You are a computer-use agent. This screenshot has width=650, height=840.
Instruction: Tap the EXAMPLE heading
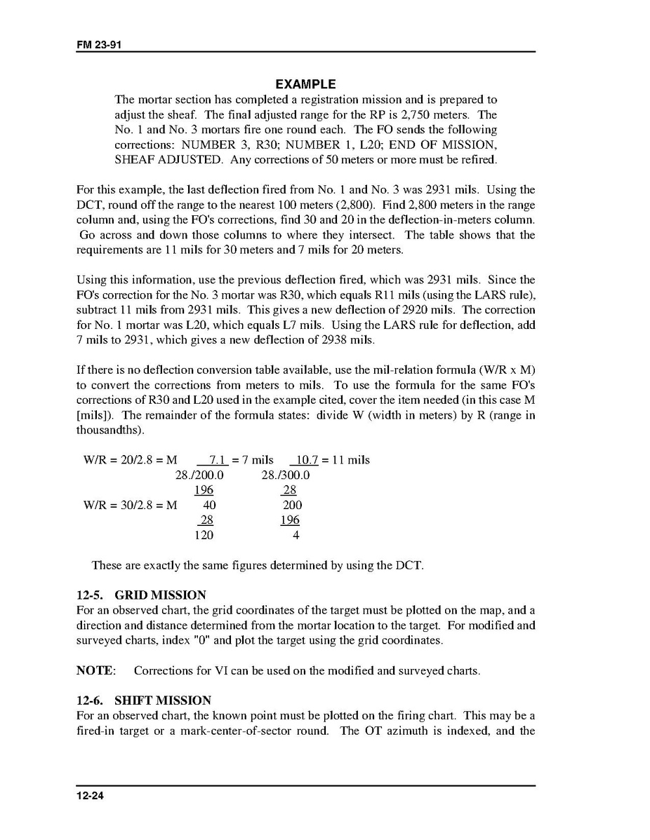point(305,84)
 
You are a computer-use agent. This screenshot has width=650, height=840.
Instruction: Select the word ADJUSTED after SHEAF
point(182,159)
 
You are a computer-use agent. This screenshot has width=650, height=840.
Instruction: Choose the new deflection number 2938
point(360,340)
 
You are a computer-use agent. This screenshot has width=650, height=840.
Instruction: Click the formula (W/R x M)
point(500,370)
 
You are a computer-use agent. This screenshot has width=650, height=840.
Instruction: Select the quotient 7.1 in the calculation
point(216,460)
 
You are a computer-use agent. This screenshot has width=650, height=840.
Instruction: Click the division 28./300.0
point(286,475)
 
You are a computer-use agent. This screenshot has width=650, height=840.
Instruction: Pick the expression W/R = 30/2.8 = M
point(130,505)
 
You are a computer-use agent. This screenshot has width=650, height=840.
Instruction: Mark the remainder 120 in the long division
point(204,535)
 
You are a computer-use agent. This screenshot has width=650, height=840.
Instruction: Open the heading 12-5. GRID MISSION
point(141,595)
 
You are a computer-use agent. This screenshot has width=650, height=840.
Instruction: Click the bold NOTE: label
point(95,670)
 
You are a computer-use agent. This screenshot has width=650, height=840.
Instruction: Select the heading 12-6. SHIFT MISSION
point(143,700)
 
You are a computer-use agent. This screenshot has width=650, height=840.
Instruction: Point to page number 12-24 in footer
point(90,795)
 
